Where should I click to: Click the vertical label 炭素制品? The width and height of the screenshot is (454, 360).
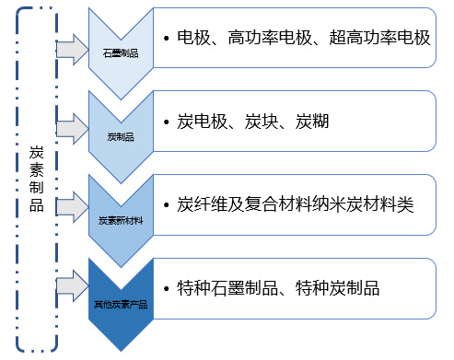tap(37, 179)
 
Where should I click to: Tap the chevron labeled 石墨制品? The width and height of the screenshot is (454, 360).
tap(122, 52)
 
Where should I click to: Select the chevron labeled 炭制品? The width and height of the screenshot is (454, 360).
tap(122, 136)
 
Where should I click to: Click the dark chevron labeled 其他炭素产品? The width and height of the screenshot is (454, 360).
tap(122, 303)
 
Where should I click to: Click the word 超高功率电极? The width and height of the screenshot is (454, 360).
tap(379, 38)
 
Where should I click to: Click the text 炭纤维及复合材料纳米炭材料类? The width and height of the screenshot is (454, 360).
tap(295, 204)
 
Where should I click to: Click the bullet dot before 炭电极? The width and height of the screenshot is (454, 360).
tap(164, 122)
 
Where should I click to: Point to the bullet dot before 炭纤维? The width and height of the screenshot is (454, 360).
tap(164, 204)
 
